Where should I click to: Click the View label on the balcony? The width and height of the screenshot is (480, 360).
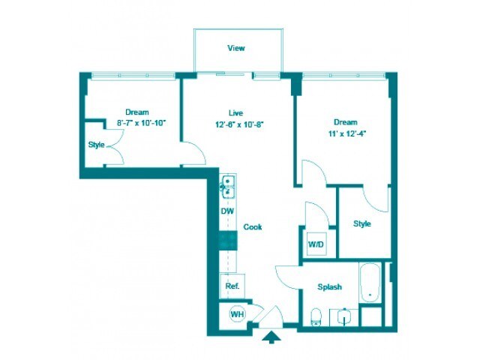point(236,48)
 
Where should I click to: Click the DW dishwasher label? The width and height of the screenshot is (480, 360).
point(227,211)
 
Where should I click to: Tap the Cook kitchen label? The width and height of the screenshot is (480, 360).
point(253,226)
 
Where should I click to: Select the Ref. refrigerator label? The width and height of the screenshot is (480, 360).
point(232,286)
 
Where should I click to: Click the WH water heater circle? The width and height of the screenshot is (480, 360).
point(236,314)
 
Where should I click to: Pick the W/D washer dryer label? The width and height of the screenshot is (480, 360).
point(315,244)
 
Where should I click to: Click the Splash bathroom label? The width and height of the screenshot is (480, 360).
point(329,286)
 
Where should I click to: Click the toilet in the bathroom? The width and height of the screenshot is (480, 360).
point(316,316)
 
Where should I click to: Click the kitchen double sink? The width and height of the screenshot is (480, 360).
point(227,185)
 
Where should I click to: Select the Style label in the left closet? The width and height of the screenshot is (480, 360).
point(96,145)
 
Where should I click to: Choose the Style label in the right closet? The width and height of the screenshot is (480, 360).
point(362,223)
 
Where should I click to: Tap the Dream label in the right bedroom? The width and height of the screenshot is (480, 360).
point(345,121)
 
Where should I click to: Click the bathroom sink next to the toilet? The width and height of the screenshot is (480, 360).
point(344,316)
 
